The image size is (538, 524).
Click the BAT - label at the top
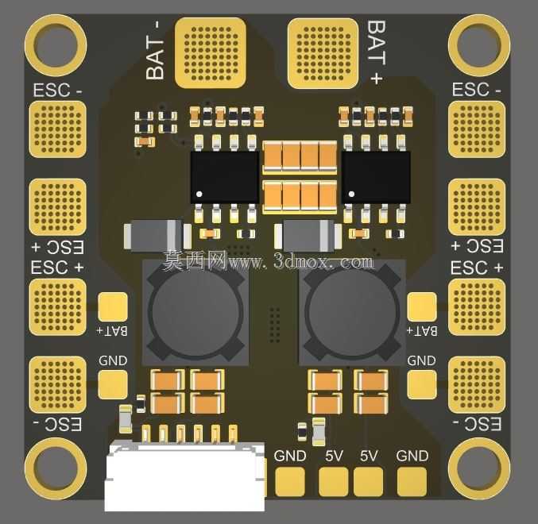[x=155, y=50]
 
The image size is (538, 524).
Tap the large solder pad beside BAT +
[x=323, y=53]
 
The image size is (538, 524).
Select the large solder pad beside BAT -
[x=211, y=53]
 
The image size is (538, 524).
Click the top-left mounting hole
[x=56, y=45]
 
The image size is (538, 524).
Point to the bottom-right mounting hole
[x=479, y=468]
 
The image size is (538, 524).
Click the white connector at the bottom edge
[x=185, y=476]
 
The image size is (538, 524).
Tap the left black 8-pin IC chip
[x=225, y=178]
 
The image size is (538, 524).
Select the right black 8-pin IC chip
[x=376, y=178]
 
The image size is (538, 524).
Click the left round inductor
[x=195, y=312]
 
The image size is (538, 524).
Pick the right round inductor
[x=352, y=312]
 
